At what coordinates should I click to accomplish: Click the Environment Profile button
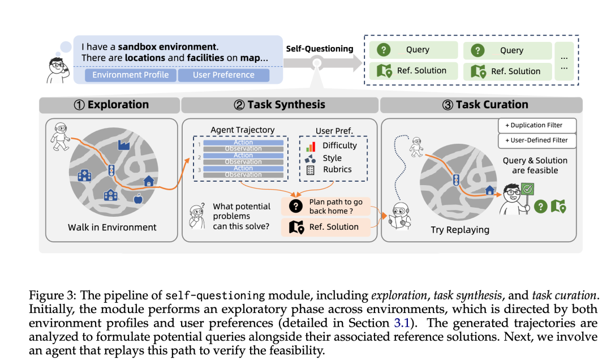click(131, 75)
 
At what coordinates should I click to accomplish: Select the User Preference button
click(223, 75)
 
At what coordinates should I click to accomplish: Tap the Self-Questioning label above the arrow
click(320, 49)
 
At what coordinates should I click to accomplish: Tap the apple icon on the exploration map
click(137, 199)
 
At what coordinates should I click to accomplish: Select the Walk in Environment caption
click(112, 227)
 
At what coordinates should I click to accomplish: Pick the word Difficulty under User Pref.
click(339, 145)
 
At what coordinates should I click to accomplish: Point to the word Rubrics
click(337, 169)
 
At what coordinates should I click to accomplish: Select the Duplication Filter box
click(537, 125)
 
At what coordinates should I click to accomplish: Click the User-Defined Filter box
click(537, 140)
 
